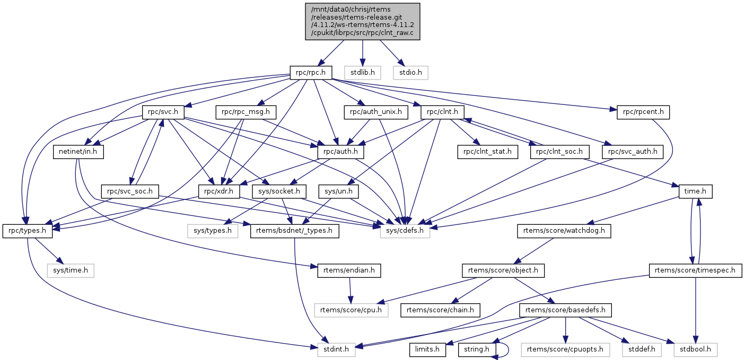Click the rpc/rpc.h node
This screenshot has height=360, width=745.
[x=311, y=72]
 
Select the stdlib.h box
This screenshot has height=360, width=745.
[x=362, y=72]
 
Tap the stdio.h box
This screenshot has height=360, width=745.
[x=410, y=72]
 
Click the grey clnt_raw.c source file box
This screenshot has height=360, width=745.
[x=362, y=21]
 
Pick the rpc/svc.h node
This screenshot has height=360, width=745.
[x=163, y=112]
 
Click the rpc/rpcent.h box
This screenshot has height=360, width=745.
[x=643, y=112]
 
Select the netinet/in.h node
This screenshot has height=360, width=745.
[x=78, y=152]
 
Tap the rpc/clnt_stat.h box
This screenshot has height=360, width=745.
[x=487, y=152]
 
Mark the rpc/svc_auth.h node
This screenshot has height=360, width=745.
[x=633, y=152]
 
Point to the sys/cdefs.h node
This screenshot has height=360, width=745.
[x=405, y=231]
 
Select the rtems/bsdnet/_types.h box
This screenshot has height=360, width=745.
[x=294, y=231]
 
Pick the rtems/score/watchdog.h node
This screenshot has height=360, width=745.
[x=564, y=231]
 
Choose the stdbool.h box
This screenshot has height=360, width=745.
[x=696, y=349]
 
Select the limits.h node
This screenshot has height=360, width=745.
[x=427, y=349]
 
